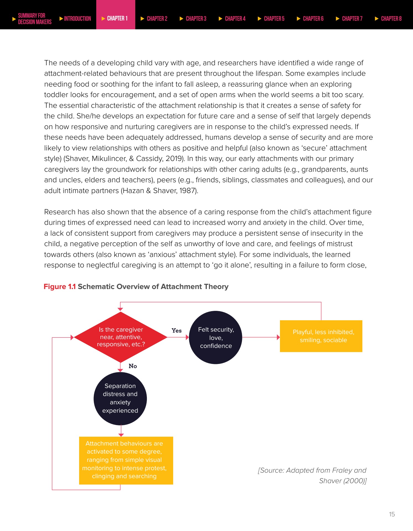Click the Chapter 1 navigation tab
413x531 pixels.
(x=116, y=18)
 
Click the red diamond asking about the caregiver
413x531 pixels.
(x=121, y=337)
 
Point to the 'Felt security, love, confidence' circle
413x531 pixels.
(x=216, y=337)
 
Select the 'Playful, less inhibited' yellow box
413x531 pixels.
(x=321, y=336)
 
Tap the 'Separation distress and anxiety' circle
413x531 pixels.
(x=120, y=398)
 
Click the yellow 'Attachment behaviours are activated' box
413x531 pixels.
(x=126, y=460)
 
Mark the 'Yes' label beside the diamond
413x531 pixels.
(x=176, y=330)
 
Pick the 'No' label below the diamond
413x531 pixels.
(x=133, y=366)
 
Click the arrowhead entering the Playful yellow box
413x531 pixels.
(x=278, y=337)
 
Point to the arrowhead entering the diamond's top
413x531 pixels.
(x=120, y=309)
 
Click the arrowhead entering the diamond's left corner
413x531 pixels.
(x=72, y=337)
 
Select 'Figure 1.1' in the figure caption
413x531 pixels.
(x=59, y=287)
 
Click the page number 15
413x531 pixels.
(x=392, y=514)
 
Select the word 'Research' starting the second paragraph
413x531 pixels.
(x=60, y=212)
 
